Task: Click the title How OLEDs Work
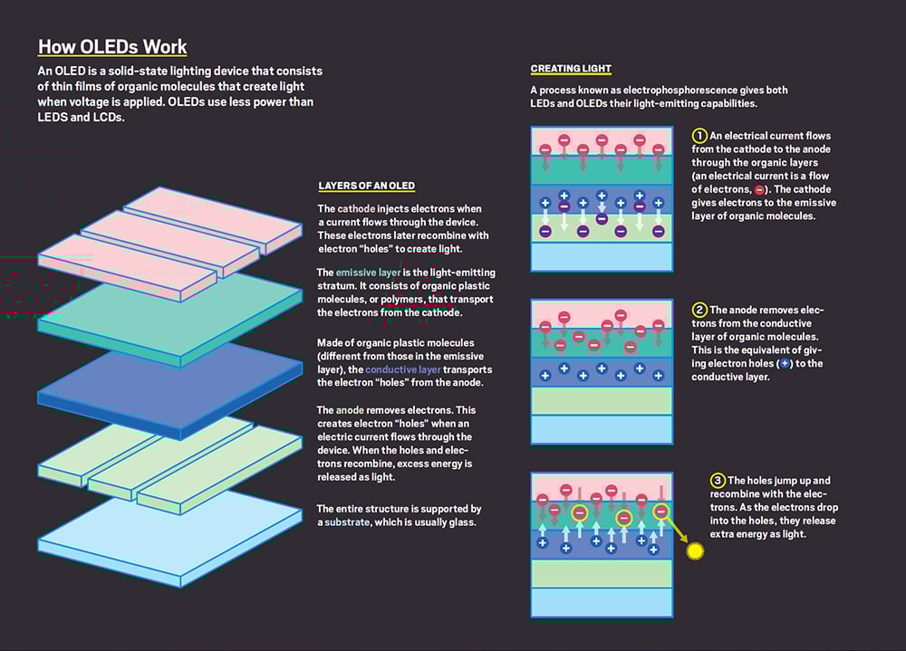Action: (x=112, y=47)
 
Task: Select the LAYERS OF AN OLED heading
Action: (x=366, y=186)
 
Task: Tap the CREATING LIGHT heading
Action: (x=570, y=69)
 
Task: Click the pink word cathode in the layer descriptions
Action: (x=356, y=208)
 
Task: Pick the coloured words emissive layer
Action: (x=368, y=273)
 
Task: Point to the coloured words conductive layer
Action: (x=403, y=369)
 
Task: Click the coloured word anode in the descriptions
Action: (x=350, y=410)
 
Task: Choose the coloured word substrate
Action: (x=347, y=522)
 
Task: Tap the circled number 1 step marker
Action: (x=699, y=136)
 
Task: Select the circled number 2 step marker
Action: (x=699, y=311)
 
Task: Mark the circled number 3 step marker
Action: (x=718, y=481)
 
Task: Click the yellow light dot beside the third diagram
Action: (x=695, y=551)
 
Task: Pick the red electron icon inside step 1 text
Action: (x=759, y=190)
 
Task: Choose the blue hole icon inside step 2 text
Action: (x=785, y=364)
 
